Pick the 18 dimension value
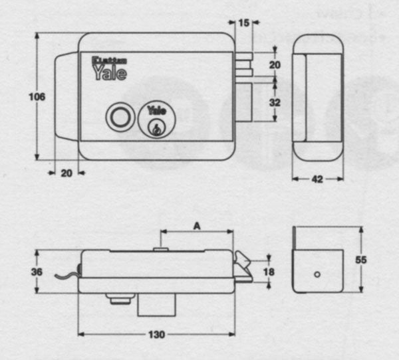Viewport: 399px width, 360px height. coord(269,272)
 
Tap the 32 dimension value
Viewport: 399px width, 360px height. coord(275,103)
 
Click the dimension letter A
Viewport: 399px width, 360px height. coord(197,226)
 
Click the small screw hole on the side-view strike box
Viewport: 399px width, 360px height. coord(317,274)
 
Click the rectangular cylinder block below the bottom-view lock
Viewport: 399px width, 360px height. coord(156,306)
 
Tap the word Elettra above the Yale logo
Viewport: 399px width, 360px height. coord(102,60)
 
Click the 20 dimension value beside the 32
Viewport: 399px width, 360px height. coord(275,64)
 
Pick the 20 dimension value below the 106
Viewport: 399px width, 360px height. coord(66,173)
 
